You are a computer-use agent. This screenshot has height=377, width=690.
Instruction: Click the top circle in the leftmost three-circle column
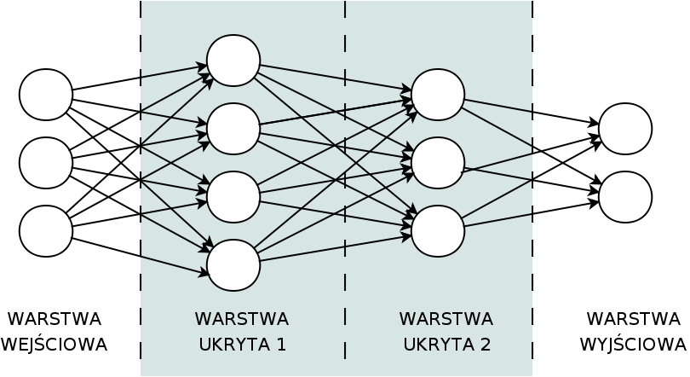pyautogui.click(x=46, y=95)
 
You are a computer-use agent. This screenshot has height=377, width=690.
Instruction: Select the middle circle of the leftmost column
pyautogui.click(x=46, y=163)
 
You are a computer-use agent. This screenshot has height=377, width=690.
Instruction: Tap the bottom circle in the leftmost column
pyautogui.click(x=46, y=231)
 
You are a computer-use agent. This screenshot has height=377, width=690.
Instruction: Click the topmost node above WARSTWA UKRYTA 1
pyautogui.click(x=233, y=61)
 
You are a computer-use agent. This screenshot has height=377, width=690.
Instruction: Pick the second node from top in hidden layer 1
pyautogui.click(x=233, y=129)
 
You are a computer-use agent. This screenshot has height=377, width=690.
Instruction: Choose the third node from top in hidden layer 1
pyautogui.click(x=233, y=197)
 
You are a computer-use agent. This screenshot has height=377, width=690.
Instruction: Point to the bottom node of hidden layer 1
pyautogui.click(x=233, y=265)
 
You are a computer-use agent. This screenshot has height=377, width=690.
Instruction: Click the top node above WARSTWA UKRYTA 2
pyautogui.click(x=438, y=95)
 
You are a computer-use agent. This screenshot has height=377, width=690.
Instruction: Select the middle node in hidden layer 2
pyautogui.click(x=438, y=163)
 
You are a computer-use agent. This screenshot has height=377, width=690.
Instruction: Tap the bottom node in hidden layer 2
pyautogui.click(x=438, y=231)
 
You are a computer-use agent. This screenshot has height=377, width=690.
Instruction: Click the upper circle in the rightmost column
pyautogui.click(x=625, y=130)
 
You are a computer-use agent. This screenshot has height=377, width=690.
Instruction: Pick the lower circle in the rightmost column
pyautogui.click(x=625, y=197)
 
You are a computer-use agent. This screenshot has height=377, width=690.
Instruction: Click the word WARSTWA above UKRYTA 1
pyautogui.click(x=242, y=319)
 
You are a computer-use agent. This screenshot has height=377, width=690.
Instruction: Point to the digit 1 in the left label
pyautogui.click(x=281, y=345)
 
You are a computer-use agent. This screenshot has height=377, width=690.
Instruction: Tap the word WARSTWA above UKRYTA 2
pyautogui.click(x=446, y=319)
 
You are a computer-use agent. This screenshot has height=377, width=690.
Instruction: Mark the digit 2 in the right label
pyautogui.click(x=486, y=345)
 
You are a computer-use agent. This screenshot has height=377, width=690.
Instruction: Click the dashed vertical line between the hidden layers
pyautogui.click(x=345, y=281)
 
